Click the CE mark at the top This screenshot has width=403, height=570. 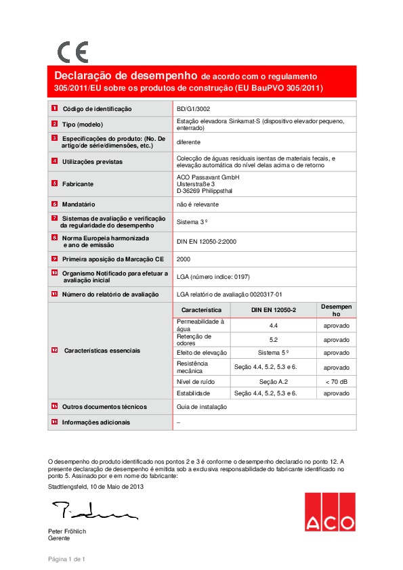tap(72, 52)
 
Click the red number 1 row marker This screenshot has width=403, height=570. tap(54, 108)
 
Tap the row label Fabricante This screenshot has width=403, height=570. tap(78, 183)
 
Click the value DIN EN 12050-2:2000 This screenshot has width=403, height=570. tap(207, 240)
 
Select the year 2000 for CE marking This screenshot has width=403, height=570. tap(183, 259)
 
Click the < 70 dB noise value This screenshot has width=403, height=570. tap(337, 382)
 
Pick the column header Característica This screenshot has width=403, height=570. tap(202, 309)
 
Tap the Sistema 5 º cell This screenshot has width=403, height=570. tap(274, 353)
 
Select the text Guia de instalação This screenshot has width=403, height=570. tap(202, 407)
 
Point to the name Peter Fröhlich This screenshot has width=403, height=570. tap(67, 531)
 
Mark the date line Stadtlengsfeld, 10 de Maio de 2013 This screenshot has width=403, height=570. tap(96, 486)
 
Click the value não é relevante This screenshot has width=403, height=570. tap(198, 204)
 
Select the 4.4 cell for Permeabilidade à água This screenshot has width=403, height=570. tap(274, 325)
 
